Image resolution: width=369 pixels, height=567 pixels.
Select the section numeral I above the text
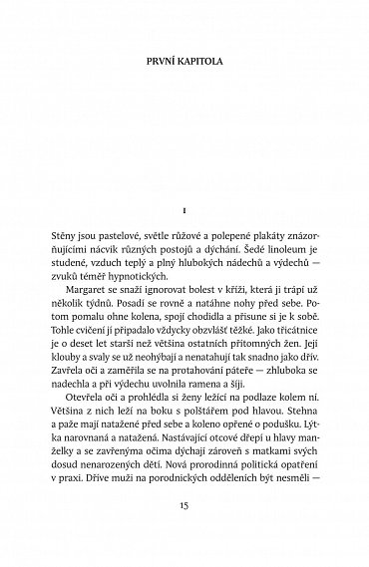click(x=184, y=212)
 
